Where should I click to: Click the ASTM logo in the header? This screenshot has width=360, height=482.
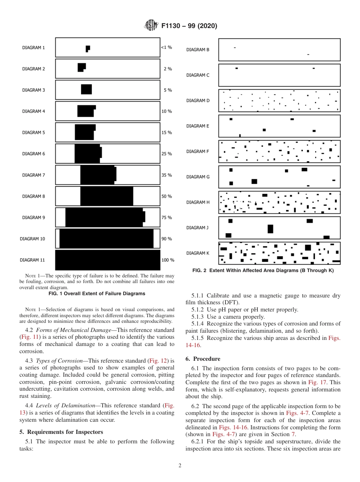pos(151,26)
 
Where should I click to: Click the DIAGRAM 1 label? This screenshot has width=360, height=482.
pos(33,48)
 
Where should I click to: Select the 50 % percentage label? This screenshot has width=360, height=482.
pos(166,196)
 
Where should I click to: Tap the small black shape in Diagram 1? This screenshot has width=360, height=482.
pos(88,48)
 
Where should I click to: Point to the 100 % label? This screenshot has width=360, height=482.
pos(167,260)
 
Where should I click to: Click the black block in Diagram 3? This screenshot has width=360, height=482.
pos(86,89)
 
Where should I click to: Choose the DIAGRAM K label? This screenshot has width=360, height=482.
pos(197,253)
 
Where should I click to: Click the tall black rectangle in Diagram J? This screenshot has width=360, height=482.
pos(270,229)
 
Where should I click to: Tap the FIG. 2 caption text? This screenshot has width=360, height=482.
pos(263,271)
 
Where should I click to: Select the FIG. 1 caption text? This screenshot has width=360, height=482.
pos(97,294)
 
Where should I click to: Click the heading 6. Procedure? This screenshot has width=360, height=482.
pos(203,359)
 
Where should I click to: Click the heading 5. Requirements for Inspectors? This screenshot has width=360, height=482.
pos(61,432)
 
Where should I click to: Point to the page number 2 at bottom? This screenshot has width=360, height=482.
pos(180,466)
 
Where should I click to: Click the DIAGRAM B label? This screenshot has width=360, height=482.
pos(197,50)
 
